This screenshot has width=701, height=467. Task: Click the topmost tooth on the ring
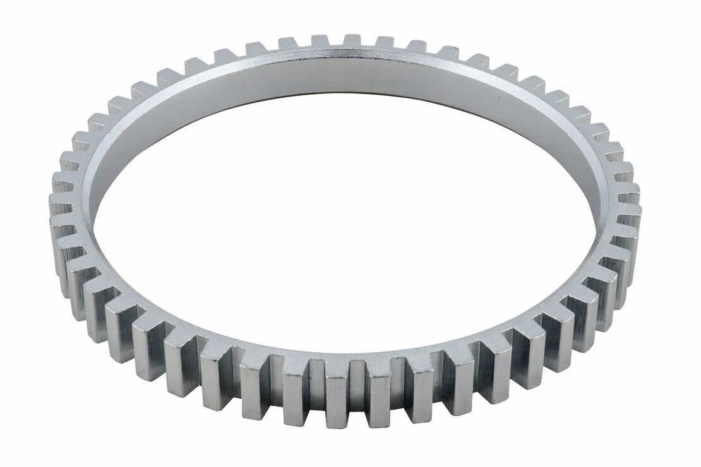click(352, 40)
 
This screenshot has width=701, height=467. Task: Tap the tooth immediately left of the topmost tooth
click(320, 41)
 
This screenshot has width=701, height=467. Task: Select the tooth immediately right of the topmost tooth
click(385, 42)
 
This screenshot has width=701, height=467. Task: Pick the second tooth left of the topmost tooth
click(288, 44)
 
